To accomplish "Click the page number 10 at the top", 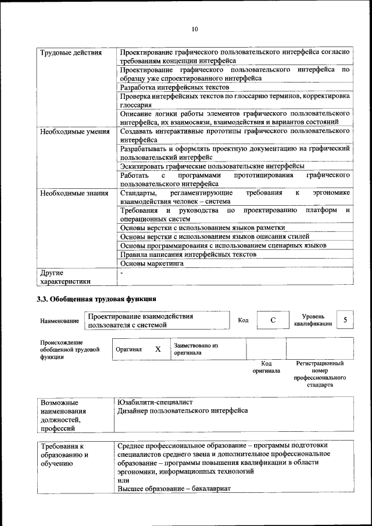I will coord(194,30).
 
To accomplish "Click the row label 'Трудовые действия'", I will coord(71,53).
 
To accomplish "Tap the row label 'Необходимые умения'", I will coord(75,131).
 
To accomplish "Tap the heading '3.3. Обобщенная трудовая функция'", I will coord(96,300).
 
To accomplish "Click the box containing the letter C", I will coord(273,320).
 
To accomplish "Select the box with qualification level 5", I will coord(345,320).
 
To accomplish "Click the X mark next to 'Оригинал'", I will coord(158,349).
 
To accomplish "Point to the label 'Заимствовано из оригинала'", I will coord(196,349).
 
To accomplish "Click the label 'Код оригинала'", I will coord(266,367).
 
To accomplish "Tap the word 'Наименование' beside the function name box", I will coord(60,321).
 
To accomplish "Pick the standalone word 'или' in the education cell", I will coord(123,481).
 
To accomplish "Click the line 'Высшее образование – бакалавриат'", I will coord(174,489).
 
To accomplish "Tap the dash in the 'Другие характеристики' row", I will coord(121,273).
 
